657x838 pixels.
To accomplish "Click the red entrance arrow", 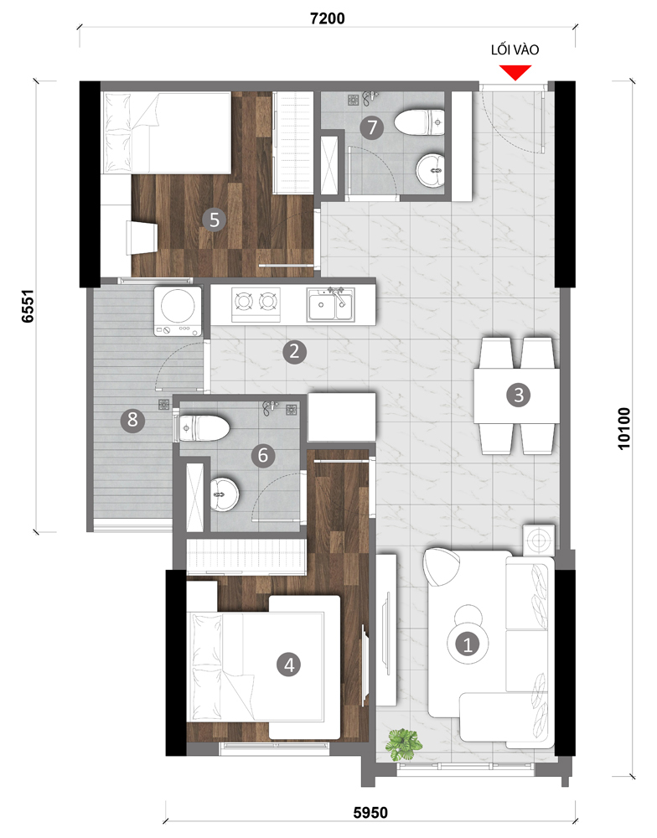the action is (515, 72).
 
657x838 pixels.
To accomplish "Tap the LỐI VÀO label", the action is (515, 49).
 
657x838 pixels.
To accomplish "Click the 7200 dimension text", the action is (327, 18).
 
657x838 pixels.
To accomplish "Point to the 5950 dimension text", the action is (370, 813).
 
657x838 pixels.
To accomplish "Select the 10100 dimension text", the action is (623, 428).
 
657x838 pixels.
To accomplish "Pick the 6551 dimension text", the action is (28, 306).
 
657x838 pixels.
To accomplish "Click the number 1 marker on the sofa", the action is (468, 644).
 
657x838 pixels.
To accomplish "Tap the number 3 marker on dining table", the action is (518, 395).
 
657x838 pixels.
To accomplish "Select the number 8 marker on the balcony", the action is (132, 420).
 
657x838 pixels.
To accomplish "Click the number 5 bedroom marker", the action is (215, 220).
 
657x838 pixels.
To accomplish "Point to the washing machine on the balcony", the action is (178, 312).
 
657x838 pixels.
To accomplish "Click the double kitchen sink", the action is (330, 304).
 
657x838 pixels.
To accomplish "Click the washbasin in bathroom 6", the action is (224, 494).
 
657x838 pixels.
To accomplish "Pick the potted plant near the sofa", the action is (404, 744).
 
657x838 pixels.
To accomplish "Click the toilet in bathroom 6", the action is (203, 427).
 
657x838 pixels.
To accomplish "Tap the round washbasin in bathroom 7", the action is (431, 170).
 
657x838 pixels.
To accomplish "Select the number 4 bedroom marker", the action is (288, 665).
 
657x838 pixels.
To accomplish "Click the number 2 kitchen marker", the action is (294, 352).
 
